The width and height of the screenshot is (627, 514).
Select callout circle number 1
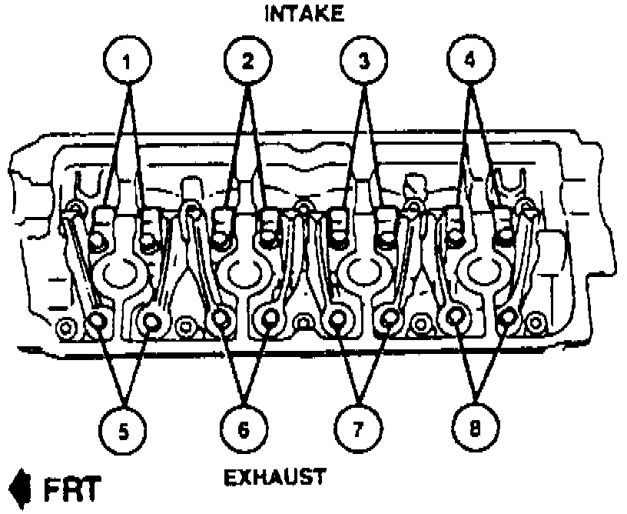click(x=129, y=60)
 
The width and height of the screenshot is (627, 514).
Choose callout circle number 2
click(x=248, y=60)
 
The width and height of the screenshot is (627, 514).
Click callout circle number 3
click(x=363, y=60)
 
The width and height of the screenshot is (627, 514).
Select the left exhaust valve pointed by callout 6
click(x=221, y=318)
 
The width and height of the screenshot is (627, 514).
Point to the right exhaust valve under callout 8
click(x=508, y=317)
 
